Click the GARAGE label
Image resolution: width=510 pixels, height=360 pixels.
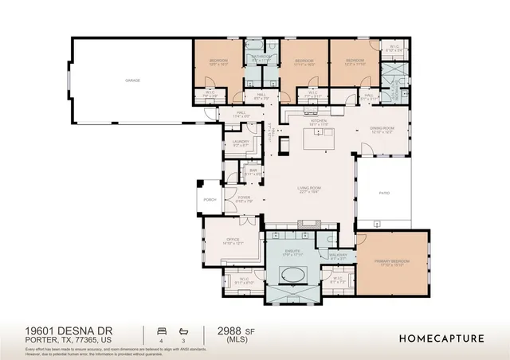(x=132, y=81)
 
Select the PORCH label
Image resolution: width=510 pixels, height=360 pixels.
(x=210, y=199)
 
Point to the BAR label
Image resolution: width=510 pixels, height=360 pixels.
(x=253, y=170)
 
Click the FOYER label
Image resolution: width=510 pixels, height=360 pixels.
(x=243, y=199)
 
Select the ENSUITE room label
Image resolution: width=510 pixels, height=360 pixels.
(x=292, y=252)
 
